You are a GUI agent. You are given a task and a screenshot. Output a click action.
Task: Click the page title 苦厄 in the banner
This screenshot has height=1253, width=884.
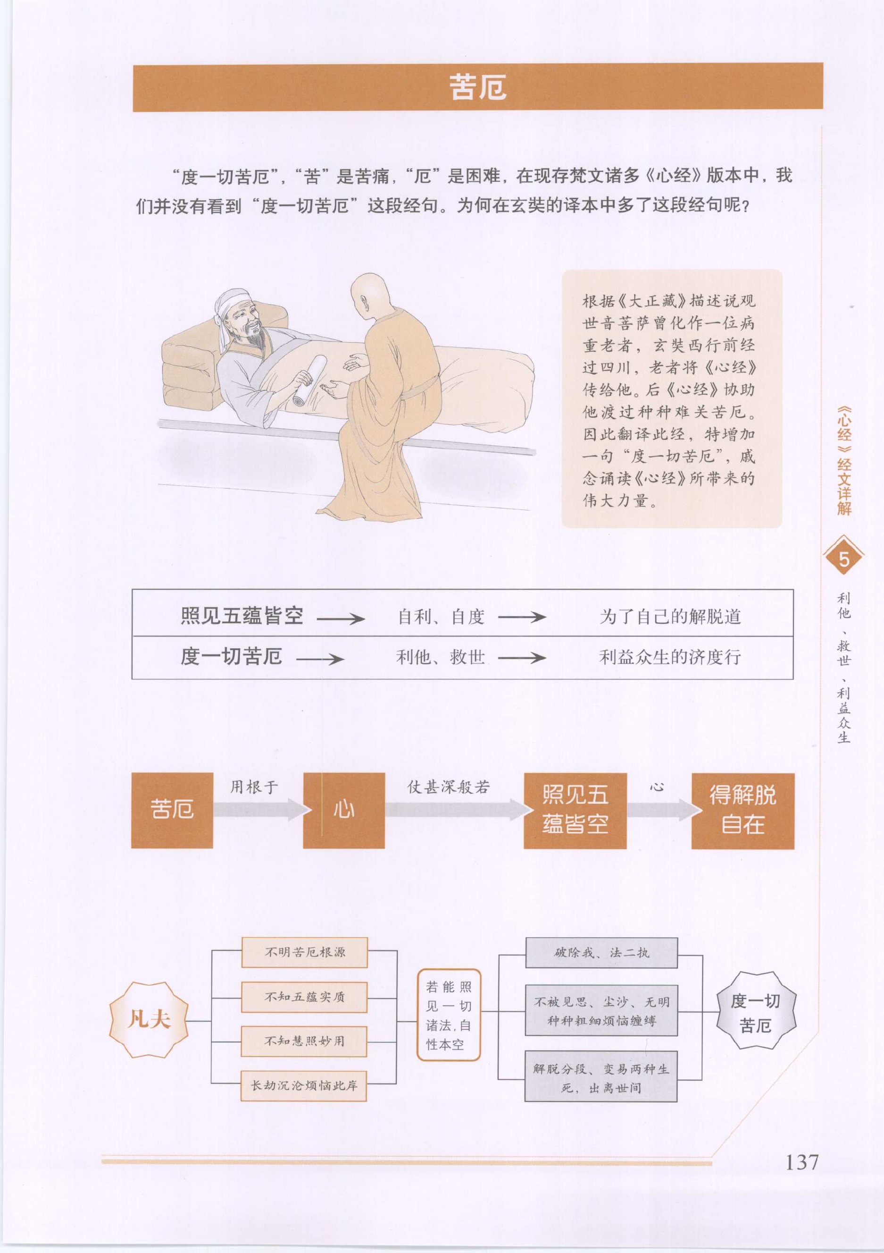478,87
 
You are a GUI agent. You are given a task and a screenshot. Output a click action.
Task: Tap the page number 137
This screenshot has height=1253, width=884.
801,1162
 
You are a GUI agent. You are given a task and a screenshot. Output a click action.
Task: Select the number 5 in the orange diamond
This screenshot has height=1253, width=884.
843,559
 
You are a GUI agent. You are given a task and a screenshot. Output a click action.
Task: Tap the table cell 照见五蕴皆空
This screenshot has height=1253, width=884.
242,616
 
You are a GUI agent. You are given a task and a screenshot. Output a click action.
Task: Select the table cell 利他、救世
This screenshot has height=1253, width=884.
440,657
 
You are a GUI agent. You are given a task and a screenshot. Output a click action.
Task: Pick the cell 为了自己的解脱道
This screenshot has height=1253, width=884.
670,617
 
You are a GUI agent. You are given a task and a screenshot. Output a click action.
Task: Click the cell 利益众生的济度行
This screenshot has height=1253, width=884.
670,657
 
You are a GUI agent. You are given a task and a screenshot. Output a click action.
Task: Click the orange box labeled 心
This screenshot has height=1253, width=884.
343,811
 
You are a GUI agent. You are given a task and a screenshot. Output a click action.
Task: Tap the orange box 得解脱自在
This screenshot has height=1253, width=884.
743,811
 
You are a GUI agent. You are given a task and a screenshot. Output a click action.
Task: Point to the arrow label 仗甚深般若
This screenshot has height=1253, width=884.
448,787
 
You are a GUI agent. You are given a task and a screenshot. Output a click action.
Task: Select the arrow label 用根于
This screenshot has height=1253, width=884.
254,787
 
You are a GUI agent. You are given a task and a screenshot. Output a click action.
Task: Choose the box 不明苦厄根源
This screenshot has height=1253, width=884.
304,952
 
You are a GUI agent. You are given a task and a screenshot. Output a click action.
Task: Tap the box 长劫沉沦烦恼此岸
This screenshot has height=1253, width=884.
304,1085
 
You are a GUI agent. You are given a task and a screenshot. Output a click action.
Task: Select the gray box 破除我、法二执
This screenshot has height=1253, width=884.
601,953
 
